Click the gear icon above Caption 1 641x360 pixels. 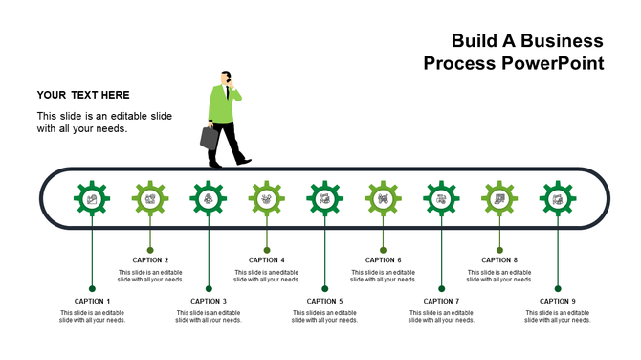click(92, 198)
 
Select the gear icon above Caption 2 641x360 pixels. click(150, 198)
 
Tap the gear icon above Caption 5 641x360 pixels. click(325, 198)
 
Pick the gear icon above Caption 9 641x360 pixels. click(558, 198)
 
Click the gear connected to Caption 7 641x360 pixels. click(441, 198)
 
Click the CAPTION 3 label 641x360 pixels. click(209, 301)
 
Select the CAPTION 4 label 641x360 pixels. click(267, 259)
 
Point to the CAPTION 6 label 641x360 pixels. click(383, 259)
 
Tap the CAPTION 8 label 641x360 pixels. click(499, 259)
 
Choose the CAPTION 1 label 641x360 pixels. click(92, 301)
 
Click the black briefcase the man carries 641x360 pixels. click(210, 137)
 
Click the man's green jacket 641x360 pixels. click(223, 105)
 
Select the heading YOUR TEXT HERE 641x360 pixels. click(83, 95)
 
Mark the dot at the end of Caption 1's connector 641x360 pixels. click(92, 288)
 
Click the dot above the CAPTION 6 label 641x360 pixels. click(383, 250)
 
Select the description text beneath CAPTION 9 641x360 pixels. click(558, 316)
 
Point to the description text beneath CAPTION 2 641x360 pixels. click(150, 276)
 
